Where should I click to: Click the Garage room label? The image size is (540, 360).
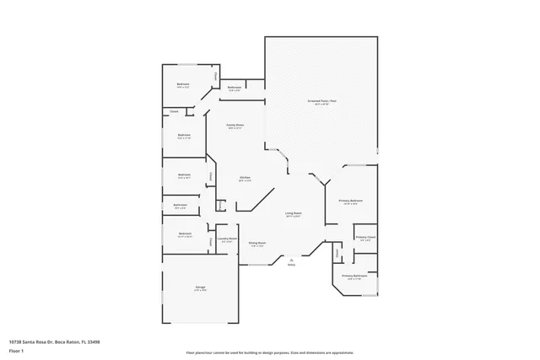pos(201,287)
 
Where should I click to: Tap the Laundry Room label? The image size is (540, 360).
pos(226,239)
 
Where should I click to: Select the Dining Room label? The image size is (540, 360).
pos(257,243)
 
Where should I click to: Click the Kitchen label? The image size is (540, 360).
pos(245,177)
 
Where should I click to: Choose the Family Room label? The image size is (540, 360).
pos(235,125)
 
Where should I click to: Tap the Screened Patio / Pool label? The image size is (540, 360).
pos(321,100)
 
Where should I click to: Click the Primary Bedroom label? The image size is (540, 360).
pos(350,200)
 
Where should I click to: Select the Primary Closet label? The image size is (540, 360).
pos(364,238)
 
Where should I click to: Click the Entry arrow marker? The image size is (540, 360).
pos(292,259)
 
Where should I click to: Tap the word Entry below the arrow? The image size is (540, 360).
pos(292,265)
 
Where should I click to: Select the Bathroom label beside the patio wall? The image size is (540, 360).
pos(235,88)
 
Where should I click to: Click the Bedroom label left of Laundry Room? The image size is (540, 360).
pos(185,234)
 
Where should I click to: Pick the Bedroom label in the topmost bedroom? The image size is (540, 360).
pos(182,83)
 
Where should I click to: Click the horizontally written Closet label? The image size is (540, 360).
pos(174,111)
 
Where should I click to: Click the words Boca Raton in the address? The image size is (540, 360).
pos(66,341)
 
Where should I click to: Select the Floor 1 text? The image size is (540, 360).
pos(16,352)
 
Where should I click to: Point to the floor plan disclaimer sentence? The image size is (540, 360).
pos(269,352)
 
